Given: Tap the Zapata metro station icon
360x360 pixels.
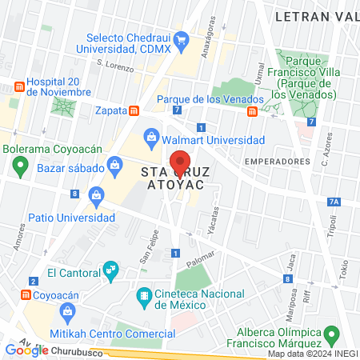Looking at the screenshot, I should pos(135,111).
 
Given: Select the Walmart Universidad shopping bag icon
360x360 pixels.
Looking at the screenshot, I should pos(150,135).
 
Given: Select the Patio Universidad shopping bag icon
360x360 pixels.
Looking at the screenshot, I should pos(97,195).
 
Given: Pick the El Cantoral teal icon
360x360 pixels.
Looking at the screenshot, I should pos(111,272).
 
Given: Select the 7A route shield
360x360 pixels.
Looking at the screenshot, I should pos(334,202).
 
